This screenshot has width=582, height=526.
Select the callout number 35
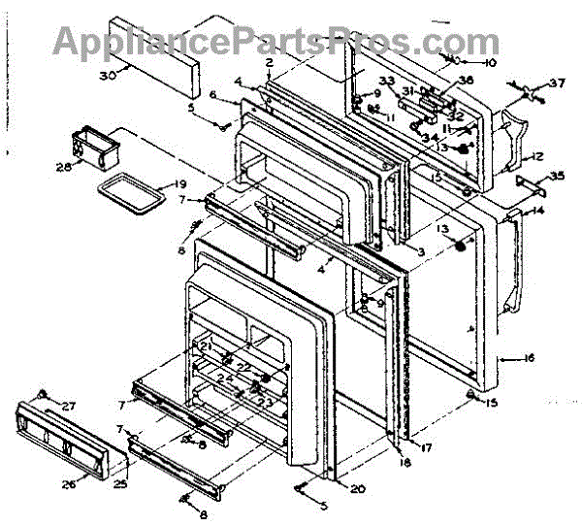click(x=556, y=176)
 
